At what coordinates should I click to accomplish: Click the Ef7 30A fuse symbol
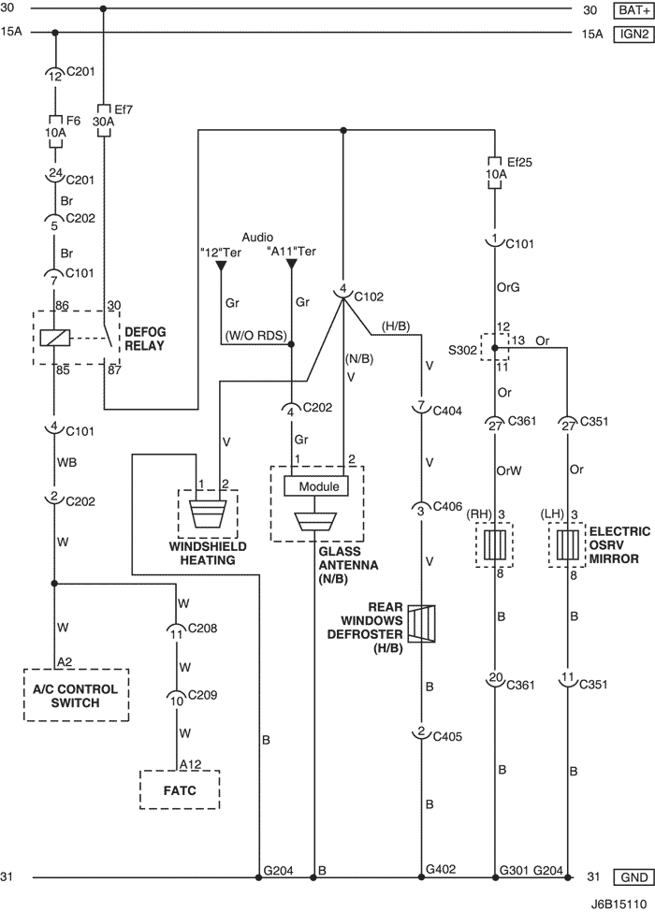(x=104, y=122)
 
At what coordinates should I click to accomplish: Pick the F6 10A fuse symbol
(x=54, y=132)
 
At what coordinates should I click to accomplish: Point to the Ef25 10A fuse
(x=494, y=173)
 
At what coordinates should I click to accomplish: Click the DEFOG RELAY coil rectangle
(x=54, y=338)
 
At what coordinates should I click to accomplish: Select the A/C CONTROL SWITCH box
(x=76, y=695)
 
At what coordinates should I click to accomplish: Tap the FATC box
(x=180, y=789)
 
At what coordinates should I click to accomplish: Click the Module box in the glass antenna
(x=316, y=486)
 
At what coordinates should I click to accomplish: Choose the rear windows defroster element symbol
(x=421, y=624)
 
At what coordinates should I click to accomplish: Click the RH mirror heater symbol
(x=494, y=544)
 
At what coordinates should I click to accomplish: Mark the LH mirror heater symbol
(x=567, y=544)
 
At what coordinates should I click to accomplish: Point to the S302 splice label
(x=462, y=350)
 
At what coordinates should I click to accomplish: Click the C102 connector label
(x=369, y=297)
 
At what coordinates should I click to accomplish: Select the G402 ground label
(x=441, y=869)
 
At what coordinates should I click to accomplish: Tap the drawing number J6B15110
(x=619, y=904)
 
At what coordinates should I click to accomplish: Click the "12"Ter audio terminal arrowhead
(x=221, y=267)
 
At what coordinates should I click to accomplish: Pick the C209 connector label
(x=201, y=694)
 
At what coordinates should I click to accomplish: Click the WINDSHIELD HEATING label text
(x=208, y=553)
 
